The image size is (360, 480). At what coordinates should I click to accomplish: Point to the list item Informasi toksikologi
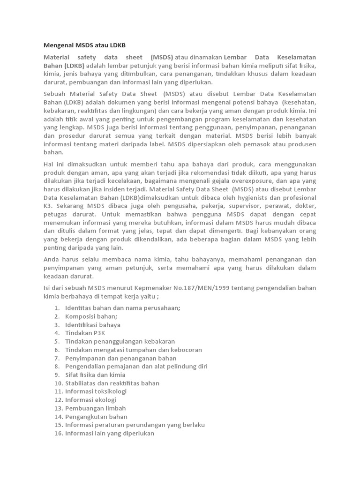[96, 391]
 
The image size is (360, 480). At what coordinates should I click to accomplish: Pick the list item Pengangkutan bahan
[96, 417]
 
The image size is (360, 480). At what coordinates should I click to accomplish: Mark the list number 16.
[58, 434]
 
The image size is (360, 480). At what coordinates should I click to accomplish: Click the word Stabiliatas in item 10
[82, 383]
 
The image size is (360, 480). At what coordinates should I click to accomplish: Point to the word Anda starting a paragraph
[52, 259]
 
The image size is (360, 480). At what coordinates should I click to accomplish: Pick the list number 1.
[57, 308]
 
